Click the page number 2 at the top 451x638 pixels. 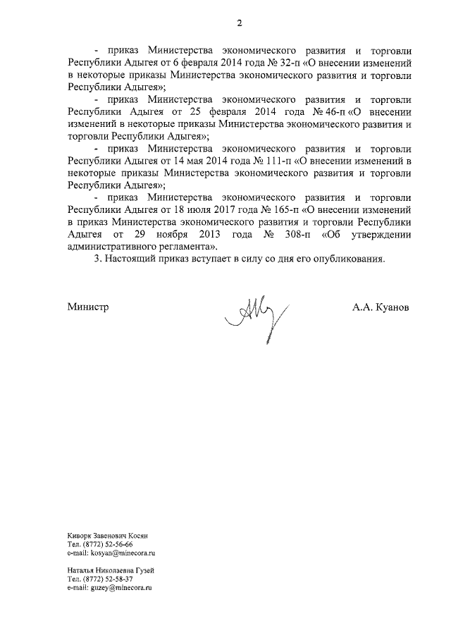[x=239, y=23]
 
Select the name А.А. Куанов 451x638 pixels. [x=381, y=308]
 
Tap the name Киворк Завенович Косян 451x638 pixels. [x=108, y=537]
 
